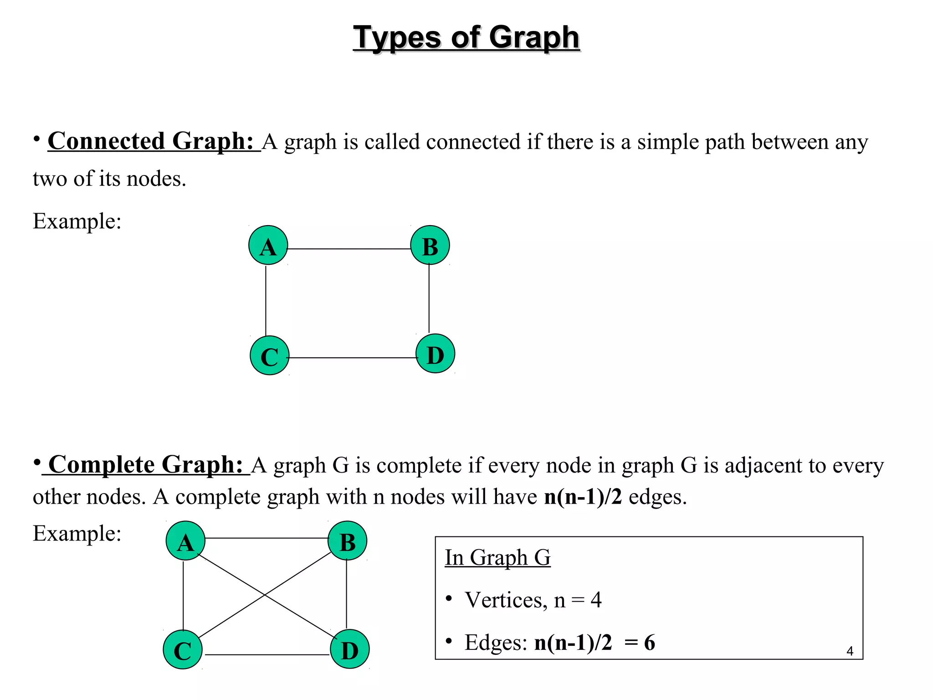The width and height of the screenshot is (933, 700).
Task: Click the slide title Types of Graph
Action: coord(466,37)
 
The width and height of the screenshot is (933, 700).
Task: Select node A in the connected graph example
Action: coord(268,245)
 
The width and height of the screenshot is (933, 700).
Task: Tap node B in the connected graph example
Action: coord(430,245)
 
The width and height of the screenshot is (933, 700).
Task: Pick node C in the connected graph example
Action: coord(270,355)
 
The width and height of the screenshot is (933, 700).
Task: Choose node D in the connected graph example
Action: coord(436,354)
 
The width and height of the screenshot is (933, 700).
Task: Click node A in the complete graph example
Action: coord(185,541)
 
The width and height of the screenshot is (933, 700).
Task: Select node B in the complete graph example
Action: coord(348,541)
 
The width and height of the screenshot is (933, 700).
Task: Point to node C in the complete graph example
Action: coord(183,650)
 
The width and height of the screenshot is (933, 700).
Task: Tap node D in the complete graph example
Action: coord(350,649)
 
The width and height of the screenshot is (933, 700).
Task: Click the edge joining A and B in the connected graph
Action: coord(349,249)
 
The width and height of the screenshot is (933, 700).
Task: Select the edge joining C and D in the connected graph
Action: coord(353,358)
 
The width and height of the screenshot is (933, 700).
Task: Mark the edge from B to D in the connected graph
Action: coord(429,299)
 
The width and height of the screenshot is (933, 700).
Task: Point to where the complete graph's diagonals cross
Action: coord(265,595)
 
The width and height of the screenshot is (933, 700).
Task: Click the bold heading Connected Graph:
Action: coord(151,141)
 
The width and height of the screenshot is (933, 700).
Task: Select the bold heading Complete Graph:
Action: coord(146,465)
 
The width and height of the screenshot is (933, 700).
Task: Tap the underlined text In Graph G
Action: coord(497,557)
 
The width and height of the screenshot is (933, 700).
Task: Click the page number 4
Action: coord(850,651)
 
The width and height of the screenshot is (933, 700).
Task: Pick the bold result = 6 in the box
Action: coord(640,643)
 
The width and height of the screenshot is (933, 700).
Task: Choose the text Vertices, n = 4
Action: coord(533,600)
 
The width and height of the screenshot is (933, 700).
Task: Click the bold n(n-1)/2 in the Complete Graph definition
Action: coord(583,497)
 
